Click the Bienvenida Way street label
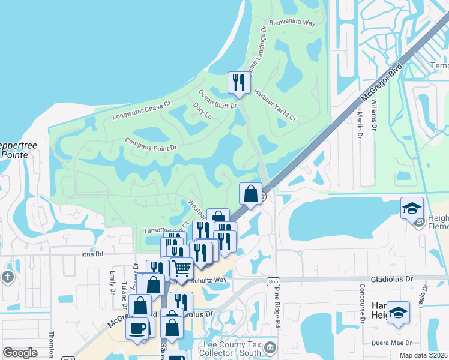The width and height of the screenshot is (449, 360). (292, 23)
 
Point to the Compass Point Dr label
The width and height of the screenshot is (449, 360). (151, 144)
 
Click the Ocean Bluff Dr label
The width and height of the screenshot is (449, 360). (218, 99)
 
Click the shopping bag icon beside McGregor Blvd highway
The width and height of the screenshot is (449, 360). (250, 193)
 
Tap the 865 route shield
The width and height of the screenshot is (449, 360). (274, 281)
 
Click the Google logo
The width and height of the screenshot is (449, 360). (20, 353)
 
